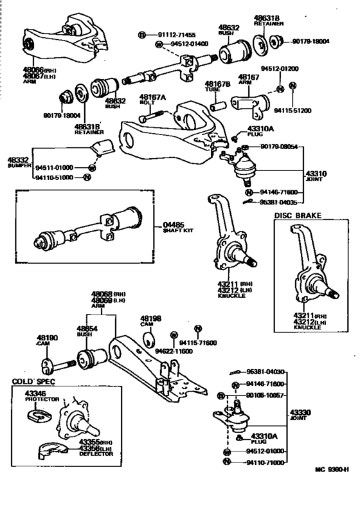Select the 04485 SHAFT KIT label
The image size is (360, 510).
169,228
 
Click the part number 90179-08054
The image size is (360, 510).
279,147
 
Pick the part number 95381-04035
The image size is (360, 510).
279,202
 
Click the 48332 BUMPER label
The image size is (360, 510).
18,161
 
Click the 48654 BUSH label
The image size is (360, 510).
87,331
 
